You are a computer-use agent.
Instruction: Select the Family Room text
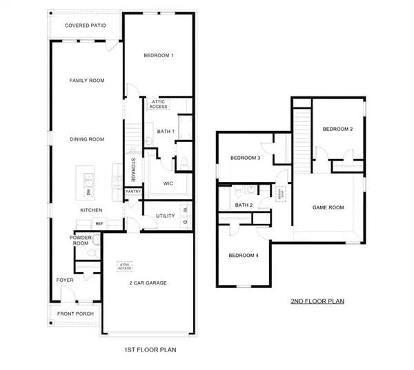coord(87,81)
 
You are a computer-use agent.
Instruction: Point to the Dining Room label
coord(87,139)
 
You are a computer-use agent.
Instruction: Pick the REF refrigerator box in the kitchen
coord(99,224)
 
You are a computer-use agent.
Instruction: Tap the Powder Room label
coord(81,240)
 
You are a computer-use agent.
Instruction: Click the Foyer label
coord(65,280)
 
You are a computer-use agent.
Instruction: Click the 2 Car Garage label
coord(148,283)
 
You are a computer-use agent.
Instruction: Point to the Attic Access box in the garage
coord(126,265)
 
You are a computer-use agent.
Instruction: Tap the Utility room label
coord(165,216)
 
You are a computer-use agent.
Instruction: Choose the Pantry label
coord(133,192)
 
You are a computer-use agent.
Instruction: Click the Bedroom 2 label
coord(337,129)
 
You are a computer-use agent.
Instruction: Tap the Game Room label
coord(328,207)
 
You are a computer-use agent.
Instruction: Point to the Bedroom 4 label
coord(244,256)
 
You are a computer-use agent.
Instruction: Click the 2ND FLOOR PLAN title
coord(317,301)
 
